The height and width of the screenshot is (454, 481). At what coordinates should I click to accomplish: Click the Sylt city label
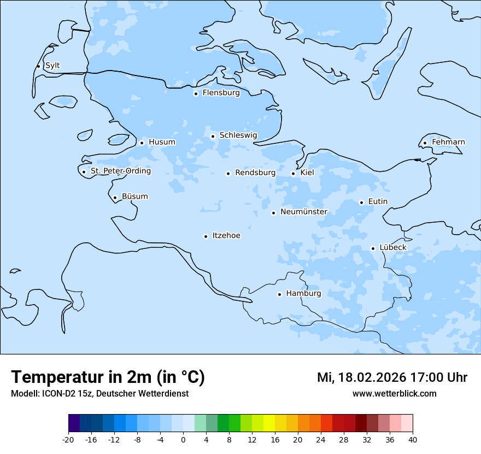(52, 66)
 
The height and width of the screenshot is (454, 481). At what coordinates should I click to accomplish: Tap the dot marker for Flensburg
(196, 94)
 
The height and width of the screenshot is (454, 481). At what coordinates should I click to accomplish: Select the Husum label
(162, 142)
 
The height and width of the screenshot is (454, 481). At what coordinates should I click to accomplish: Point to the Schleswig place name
(238, 135)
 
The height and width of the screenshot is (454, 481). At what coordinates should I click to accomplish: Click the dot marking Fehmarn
(425, 143)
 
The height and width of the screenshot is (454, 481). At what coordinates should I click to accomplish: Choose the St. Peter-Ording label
(120, 171)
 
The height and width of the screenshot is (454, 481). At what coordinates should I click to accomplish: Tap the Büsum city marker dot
(115, 198)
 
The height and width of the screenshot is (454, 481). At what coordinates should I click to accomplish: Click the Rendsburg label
(255, 173)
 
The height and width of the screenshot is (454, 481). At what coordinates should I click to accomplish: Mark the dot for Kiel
(293, 174)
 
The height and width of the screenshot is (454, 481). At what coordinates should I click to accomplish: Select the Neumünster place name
(303, 212)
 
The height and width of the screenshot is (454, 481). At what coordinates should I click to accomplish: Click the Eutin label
(378, 202)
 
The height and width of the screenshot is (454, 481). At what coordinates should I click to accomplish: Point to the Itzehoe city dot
(206, 237)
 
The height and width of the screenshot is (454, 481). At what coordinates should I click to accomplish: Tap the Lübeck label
(392, 248)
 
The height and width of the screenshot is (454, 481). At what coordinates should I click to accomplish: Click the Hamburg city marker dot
(279, 294)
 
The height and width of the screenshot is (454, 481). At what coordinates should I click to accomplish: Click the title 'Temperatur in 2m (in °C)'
(108, 377)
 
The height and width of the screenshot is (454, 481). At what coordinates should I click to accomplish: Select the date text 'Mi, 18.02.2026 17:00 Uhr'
(392, 377)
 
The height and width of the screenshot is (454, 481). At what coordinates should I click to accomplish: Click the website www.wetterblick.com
(394, 394)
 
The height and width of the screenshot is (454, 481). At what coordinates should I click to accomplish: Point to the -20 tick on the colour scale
(68, 439)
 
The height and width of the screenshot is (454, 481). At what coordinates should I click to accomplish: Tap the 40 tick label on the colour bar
(413, 439)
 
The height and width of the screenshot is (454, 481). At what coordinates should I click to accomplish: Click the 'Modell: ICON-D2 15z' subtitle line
(99, 394)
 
